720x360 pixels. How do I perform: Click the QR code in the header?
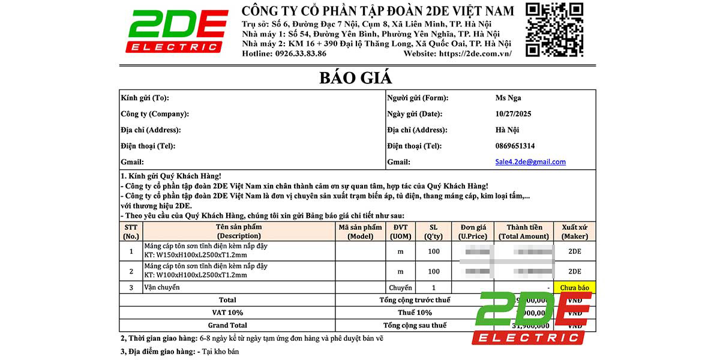tap(554, 29)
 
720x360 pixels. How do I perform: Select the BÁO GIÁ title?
tap(355, 77)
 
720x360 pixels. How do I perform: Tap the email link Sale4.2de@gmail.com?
tap(530, 162)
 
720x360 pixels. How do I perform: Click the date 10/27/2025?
tap(514, 114)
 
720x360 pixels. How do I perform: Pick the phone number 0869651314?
tap(515, 146)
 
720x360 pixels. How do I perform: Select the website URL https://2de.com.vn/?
tap(475, 53)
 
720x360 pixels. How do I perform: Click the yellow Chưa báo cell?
tap(574, 288)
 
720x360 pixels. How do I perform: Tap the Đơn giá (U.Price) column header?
tap(473, 232)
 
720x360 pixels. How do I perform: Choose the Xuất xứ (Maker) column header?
tap(574, 232)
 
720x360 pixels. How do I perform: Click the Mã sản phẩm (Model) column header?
tap(360, 232)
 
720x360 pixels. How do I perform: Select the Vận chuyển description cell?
tap(162, 287)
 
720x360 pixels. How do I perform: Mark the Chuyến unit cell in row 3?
tap(400, 288)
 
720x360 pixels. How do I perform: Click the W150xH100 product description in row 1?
tap(206, 251)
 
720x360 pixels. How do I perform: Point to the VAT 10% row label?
tap(227, 313)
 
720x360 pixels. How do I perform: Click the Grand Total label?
tap(227, 325)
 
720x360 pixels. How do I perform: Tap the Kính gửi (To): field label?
tap(145, 98)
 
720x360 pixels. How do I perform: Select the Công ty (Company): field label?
tap(155, 114)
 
